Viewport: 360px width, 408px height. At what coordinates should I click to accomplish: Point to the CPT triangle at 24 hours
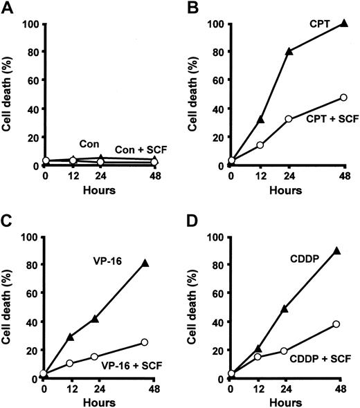pos(289,51)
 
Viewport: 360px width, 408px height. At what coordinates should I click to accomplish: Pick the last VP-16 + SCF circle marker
pos(144,342)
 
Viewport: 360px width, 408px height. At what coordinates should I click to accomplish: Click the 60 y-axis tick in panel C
pos(33,293)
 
